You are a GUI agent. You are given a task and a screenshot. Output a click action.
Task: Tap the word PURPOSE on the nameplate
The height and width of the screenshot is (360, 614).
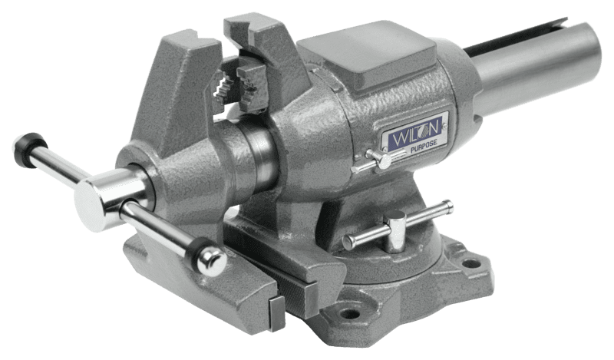424,146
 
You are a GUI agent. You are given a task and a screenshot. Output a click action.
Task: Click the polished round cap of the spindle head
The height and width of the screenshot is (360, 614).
90,206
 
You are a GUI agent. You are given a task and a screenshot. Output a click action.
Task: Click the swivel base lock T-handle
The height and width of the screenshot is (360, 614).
397,228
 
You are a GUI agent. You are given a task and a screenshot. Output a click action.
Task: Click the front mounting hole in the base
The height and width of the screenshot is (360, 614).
350,313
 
